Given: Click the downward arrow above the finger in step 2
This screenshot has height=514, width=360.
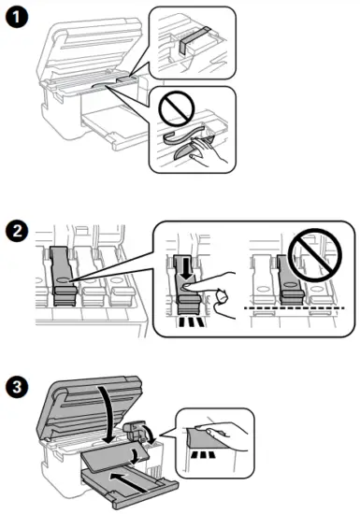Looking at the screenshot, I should coord(185,267).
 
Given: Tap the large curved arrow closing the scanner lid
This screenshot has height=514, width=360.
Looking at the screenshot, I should coord(107,410).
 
